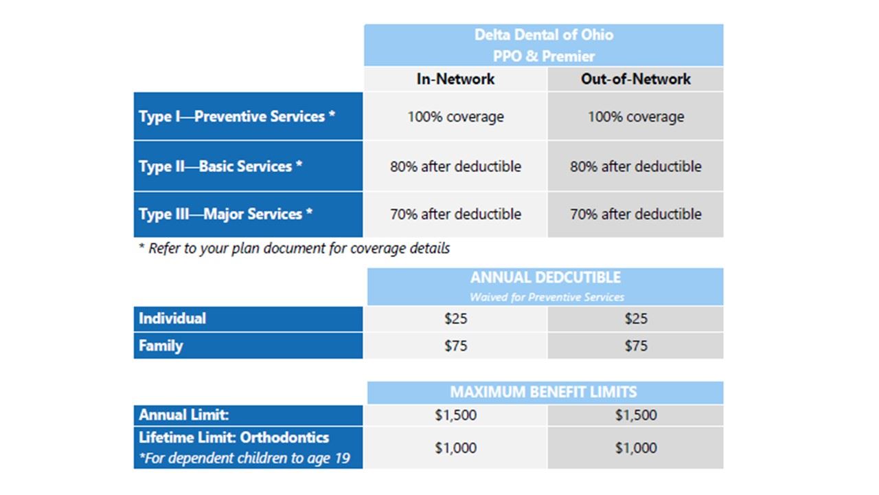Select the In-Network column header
[455, 79]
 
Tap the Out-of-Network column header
[635, 79]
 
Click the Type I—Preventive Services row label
[237, 116]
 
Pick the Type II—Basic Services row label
[220, 166]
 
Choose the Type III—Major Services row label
[226, 214]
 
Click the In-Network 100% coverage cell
[455, 117]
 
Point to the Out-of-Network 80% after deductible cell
[635, 166]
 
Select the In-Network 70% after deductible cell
[455, 214]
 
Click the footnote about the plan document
[295, 248]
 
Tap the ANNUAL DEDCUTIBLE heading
[545, 278]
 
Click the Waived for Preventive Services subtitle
[547, 297]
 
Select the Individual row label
[172, 318]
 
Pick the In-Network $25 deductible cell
[455, 319]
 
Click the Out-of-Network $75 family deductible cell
[635, 346]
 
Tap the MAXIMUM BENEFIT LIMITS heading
[543, 393]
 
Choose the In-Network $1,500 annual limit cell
[455, 415]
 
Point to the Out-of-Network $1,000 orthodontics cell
[635, 448]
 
